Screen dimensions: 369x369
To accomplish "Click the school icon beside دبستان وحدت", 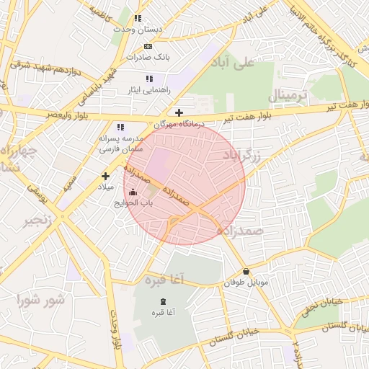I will [138, 18].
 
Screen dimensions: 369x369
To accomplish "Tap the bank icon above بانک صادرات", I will [148, 45].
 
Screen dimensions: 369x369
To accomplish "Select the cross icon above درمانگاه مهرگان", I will [179, 112].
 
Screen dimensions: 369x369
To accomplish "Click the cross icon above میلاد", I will [105, 175].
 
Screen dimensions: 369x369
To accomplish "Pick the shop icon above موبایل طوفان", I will [247, 272].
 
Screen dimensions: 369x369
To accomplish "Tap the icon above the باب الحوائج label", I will [132, 192].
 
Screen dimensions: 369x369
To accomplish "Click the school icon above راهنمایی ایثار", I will [149, 79].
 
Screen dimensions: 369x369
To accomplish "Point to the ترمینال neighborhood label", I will [288, 95].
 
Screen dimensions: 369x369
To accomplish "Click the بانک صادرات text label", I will [147, 56].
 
